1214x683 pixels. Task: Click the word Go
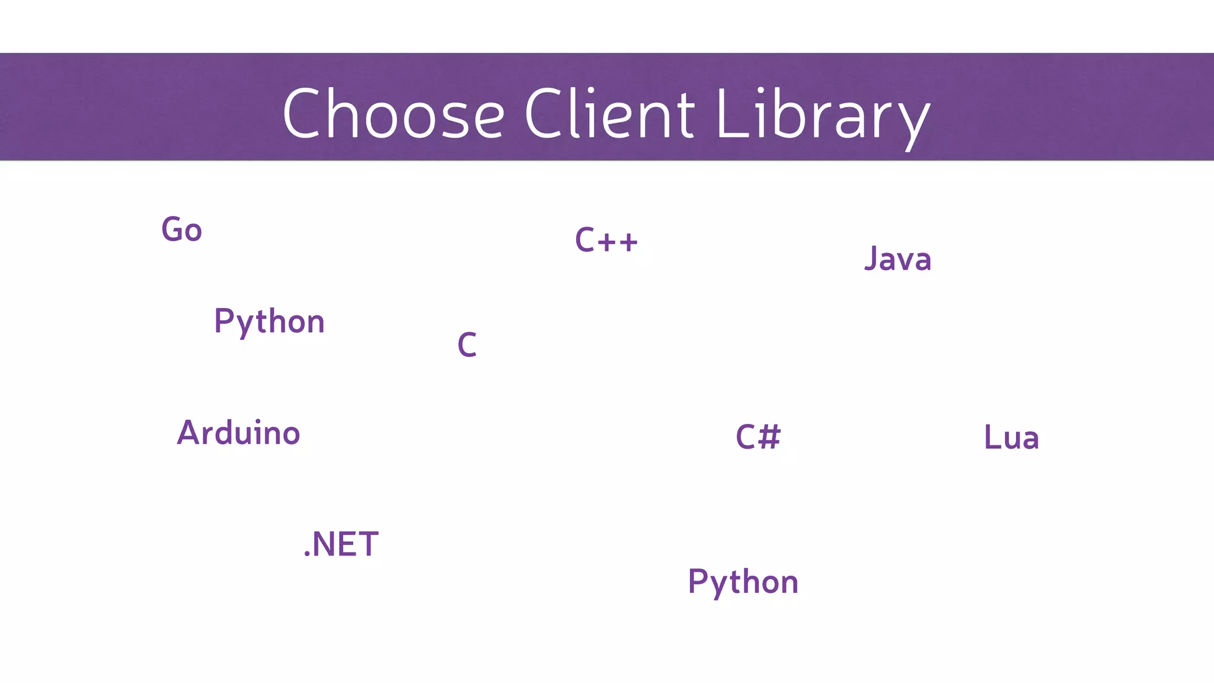tap(181, 230)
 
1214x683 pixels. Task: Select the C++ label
tap(606, 241)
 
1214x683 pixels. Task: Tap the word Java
tap(897, 259)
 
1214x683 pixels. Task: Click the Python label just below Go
tap(269, 322)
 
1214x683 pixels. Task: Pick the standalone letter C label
tap(467, 344)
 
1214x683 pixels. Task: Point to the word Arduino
tap(238, 433)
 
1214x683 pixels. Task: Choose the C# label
tap(758, 437)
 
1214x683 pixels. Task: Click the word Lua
tap(1011, 438)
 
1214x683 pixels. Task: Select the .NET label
tap(341, 544)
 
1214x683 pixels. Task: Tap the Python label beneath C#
tap(743, 582)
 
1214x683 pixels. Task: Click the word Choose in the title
tap(394, 114)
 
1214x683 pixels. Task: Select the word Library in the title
tap(823, 116)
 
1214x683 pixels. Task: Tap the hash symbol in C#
tap(769, 437)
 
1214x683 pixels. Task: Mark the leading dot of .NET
tap(307, 555)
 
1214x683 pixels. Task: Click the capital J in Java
tap(871, 258)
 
